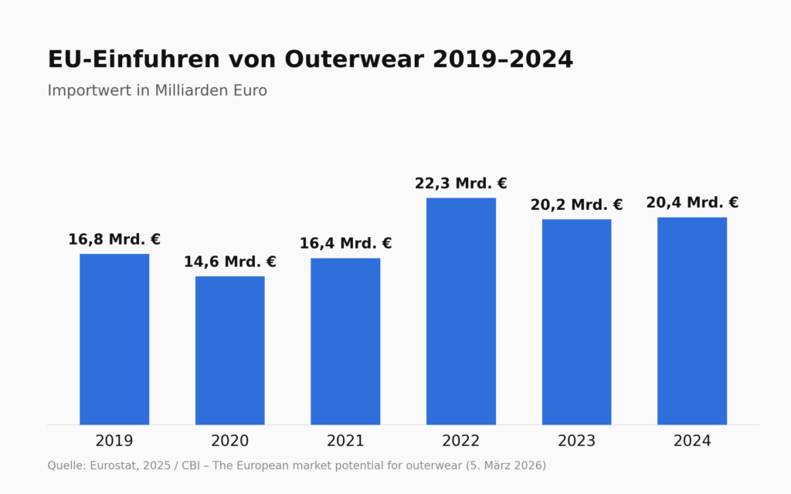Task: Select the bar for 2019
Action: (114, 340)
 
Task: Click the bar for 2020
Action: (230, 350)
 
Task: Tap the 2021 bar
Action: (345, 341)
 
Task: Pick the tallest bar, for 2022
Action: (461, 312)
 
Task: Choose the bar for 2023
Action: (576, 322)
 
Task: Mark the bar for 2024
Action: (692, 321)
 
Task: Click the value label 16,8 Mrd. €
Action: (114, 239)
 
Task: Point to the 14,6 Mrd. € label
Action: (230, 262)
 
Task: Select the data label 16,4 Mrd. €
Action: (345, 243)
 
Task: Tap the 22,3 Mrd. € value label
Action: (461, 184)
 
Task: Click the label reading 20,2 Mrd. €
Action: (576, 205)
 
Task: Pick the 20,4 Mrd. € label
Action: (692, 203)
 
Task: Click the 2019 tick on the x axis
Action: (114, 441)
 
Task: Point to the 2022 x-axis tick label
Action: (461, 441)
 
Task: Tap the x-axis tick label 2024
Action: (692, 441)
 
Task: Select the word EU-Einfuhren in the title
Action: (134, 59)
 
